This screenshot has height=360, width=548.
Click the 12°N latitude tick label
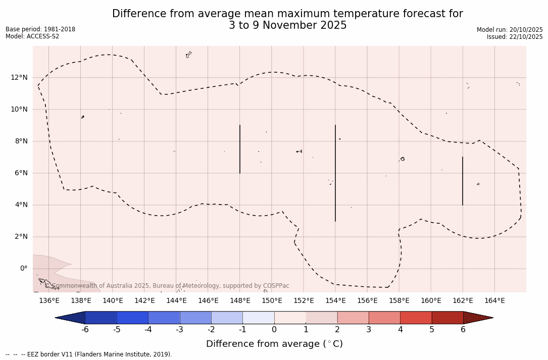(18, 77)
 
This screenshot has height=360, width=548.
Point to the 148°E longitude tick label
(240, 301)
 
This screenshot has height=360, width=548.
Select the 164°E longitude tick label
(494, 301)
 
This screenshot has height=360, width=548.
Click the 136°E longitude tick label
(49, 301)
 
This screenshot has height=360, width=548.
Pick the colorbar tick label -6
(85, 330)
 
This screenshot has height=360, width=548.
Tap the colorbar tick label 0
(274, 330)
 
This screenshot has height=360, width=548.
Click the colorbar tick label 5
(432, 330)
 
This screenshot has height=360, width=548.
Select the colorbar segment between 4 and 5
(416, 318)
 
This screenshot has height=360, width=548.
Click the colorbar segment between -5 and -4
(132, 318)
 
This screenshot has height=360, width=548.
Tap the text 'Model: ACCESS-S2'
(32, 36)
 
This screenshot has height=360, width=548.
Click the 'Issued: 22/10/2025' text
(515, 37)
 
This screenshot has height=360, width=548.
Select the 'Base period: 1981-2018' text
(40, 29)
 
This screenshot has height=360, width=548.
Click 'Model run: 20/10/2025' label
(510, 30)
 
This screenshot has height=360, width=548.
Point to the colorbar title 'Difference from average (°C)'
(274, 344)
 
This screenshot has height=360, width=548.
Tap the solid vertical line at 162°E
(463, 181)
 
